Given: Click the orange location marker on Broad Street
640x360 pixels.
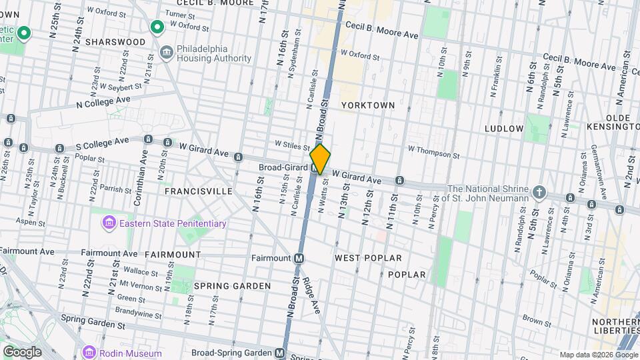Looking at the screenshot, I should [321, 159].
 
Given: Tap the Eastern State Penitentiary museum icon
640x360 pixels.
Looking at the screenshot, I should [109, 223].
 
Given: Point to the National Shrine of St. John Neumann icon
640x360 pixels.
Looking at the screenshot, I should [539, 193].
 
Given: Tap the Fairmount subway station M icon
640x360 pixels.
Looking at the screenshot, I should [299, 258].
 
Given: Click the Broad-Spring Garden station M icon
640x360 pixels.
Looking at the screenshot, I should [280, 353].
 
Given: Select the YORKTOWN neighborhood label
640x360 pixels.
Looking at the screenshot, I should [368, 105].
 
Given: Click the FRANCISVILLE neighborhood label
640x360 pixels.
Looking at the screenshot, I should [199, 191].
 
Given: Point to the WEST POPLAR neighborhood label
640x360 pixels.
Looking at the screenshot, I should [368, 258].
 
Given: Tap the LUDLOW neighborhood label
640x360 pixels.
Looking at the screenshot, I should [504, 128].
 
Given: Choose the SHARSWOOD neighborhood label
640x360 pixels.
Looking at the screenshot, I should [119, 42].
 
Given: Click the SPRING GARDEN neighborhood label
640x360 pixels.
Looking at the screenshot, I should [233, 286].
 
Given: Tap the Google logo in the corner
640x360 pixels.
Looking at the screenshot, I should [21, 351].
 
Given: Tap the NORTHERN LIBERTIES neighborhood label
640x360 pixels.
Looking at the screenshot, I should [615, 327].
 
